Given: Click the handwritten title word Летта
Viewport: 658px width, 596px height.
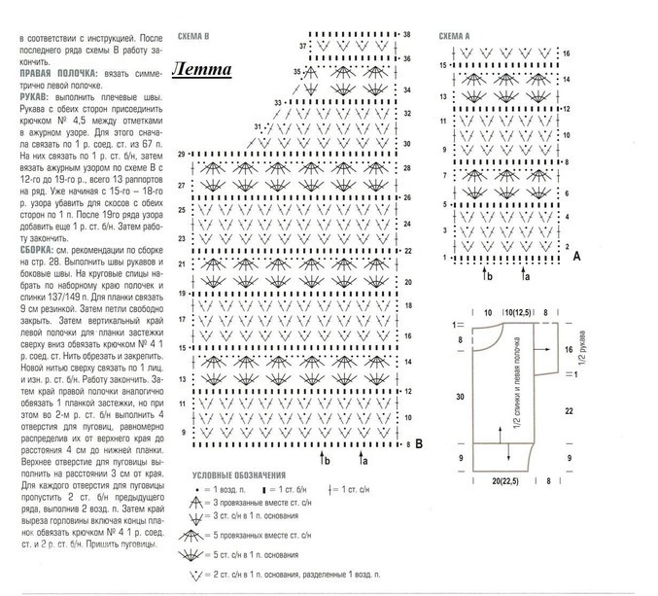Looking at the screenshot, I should coord(203,69).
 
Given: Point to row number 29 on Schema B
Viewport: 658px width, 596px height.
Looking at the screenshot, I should coord(182,155).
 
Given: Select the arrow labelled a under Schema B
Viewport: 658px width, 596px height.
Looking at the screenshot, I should coord(362,455).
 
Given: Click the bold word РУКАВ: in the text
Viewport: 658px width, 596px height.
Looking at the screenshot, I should coord(36,95).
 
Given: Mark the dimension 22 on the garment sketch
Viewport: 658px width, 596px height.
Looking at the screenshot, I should coord(568,412).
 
